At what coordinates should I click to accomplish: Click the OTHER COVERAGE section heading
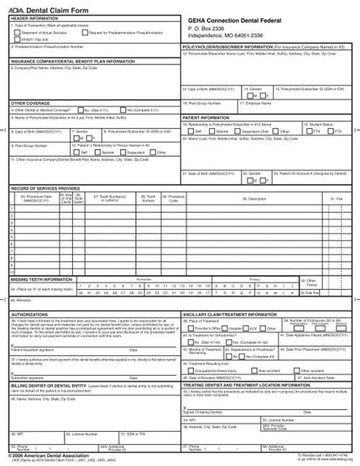click(30, 102)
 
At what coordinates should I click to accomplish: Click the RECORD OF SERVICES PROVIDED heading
click(45, 187)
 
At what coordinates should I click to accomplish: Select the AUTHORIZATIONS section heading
click(30, 313)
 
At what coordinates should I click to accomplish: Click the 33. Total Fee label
click(329, 292)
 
